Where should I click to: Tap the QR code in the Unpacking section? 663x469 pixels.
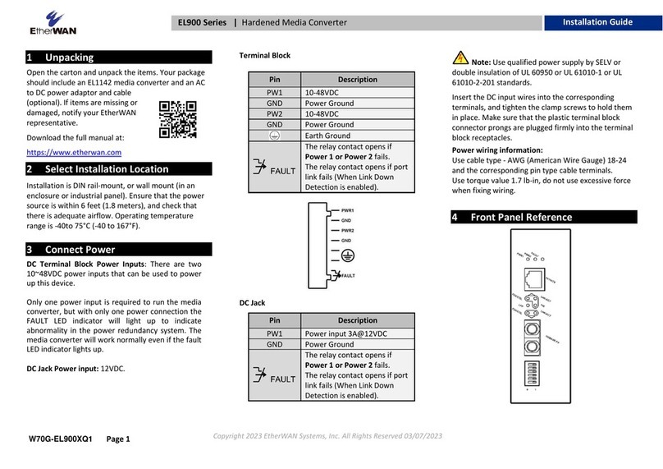[177, 119]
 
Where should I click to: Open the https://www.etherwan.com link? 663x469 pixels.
[74, 152]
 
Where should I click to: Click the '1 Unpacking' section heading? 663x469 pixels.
[70, 57]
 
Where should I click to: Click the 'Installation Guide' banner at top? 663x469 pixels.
[597, 22]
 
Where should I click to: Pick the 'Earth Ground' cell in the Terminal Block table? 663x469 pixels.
[327, 136]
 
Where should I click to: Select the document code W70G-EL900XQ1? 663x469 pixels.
[62, 439]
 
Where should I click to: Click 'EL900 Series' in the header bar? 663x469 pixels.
[203, 22]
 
